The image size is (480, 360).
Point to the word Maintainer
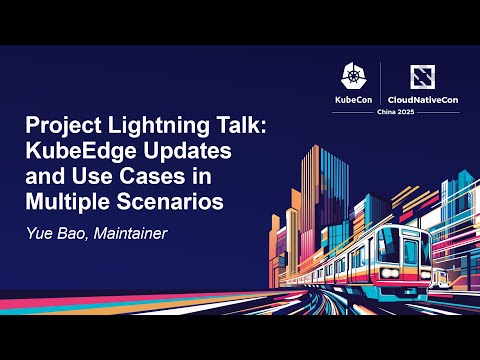tap(128, 235)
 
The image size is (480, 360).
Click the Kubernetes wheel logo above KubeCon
tap(354, 76)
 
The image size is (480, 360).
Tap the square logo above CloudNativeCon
tap(422, 76)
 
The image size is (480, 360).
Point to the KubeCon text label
tap(354, 100)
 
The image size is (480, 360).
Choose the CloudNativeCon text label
tap(422, 100)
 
